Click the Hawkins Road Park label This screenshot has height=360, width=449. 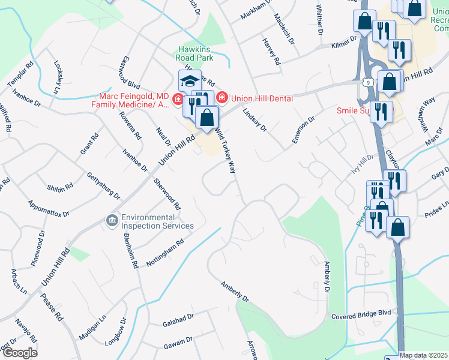(x=196, y=54)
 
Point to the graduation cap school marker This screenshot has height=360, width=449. (x=190, y=81)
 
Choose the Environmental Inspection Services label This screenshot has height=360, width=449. (x=157, y=221)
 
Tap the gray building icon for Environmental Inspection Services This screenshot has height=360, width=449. (x=112, y=221)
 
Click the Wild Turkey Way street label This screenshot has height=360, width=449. (x=224, y=151)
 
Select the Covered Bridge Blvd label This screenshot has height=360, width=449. (x=361, y=314)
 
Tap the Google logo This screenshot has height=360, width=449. (x=19, y=352)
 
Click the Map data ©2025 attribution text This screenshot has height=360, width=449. (x=424, y=355)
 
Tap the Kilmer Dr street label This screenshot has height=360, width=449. (x=344, y=46)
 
